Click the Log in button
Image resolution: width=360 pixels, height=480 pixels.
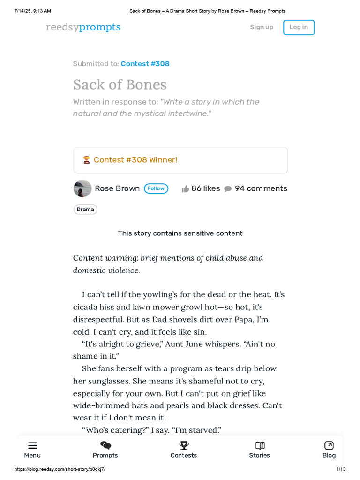(299, 27)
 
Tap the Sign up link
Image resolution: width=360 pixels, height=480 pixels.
(262, 27)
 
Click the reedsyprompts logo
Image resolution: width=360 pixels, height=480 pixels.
(83, 27)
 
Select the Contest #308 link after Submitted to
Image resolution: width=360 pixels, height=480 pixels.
(145, 64)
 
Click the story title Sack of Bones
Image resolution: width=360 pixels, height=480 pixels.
(120, 84)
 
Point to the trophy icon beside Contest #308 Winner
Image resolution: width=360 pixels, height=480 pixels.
(86, 160)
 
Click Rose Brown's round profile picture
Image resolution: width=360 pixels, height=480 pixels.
(82, 188)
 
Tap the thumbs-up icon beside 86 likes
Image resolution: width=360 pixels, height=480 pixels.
(186, 189)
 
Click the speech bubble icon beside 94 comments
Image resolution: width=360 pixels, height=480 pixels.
(228, 189)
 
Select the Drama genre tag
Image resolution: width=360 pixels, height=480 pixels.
(85, 210)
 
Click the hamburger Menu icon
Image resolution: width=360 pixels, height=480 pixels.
(32, 445)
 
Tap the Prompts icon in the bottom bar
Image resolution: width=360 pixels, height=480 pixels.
(105, 445)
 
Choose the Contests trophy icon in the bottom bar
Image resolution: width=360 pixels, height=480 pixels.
(184, 445)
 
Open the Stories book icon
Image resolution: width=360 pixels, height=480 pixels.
(260, 445)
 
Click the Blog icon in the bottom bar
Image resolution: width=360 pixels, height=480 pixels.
(329, 445)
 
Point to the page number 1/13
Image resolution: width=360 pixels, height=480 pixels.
(341, 469)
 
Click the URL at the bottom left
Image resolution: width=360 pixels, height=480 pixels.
(60, 469)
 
